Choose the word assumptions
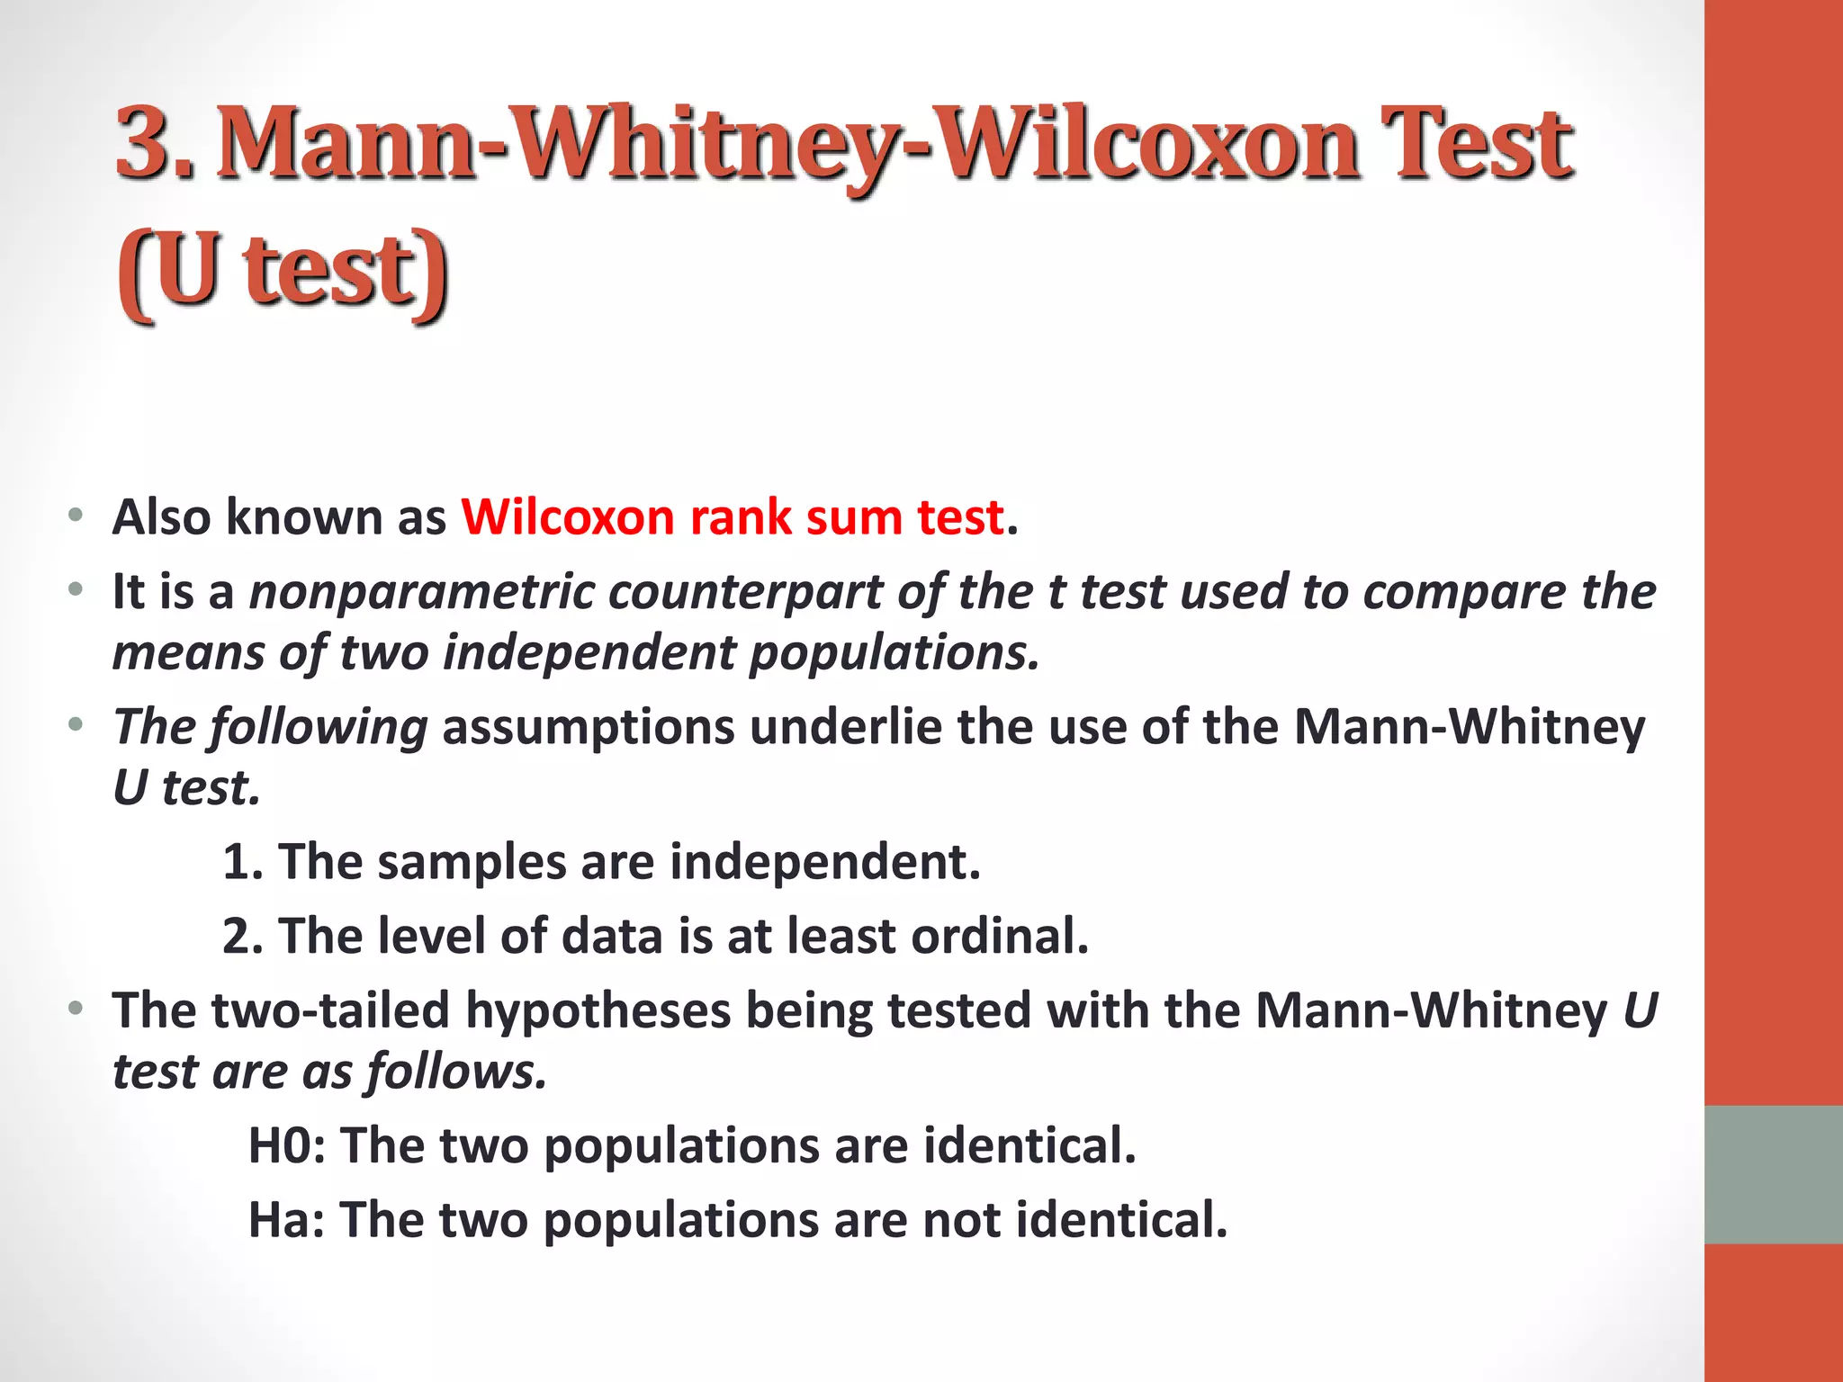click(589, 727)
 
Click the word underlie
click(846, 727)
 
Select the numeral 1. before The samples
click(242, 862)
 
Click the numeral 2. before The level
click(242, 937)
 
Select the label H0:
click(287, 1145)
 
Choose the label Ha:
click(287, 1220)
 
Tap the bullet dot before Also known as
click(76, 516)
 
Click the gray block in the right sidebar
click(1774, 1174)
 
